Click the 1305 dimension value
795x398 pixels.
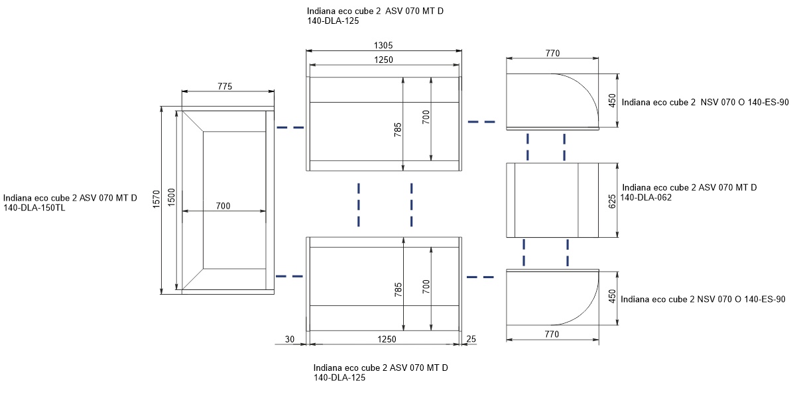coord(383,45)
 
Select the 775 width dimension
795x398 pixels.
coord(225,87)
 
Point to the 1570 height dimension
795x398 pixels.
coord(156,200)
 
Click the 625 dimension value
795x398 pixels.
coord(612,201)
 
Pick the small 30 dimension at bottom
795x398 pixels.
coord(290,339)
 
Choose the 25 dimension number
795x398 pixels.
coord(471,339)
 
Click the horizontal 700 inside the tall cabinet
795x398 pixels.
coord(223,206)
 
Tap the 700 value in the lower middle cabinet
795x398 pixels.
coord(426,287)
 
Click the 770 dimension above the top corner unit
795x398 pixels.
coord(552,53)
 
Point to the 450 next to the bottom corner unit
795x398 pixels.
coord(612,297)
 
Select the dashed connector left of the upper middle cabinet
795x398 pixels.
coord(290,128)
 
